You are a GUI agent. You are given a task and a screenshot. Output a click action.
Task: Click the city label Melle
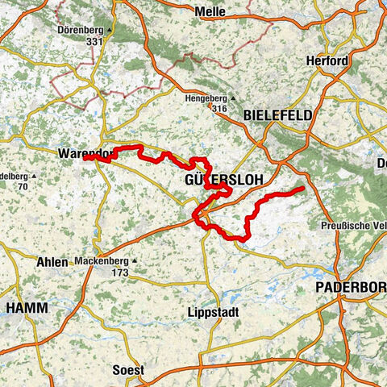(x=211, y=11)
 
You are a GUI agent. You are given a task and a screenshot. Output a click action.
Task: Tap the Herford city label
(x=327, y=61)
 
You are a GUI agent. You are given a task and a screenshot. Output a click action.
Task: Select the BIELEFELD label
(x=277, y=116)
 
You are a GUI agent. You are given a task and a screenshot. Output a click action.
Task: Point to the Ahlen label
(x=52, y=262)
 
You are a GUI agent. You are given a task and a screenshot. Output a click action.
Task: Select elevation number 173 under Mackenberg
(x=120, y=273)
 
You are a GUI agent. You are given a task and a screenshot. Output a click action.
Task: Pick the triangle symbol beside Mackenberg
(x=135, y=260)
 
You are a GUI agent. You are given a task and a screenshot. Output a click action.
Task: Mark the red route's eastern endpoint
(x=302, y=189)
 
